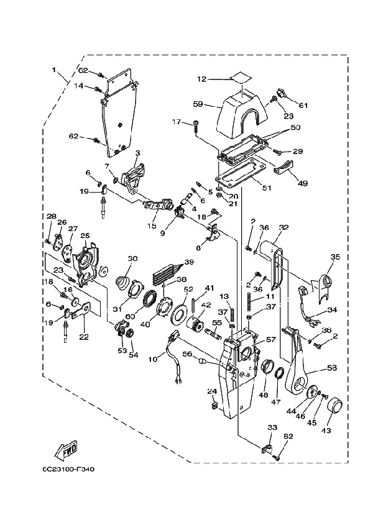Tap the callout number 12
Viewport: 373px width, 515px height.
coord(201,79)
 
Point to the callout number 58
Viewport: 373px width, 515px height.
coord(332,367)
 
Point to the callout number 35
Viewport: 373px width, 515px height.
coord(335,257)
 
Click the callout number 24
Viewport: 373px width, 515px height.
coord(211,391)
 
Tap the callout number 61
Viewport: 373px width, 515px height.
coord(303,106)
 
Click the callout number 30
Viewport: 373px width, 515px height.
coord(132,259)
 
